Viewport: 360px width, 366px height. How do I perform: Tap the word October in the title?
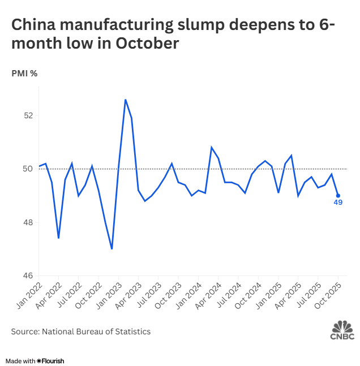point(148,43)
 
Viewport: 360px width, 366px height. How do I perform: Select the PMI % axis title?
point(24,73)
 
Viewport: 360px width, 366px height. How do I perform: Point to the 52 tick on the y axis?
point(29,115)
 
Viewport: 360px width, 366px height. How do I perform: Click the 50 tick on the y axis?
point(29,169)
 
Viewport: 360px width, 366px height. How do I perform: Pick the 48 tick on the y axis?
point(29,222)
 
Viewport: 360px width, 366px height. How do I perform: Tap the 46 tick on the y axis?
point(29,276)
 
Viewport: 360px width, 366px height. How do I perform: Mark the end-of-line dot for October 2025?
point(338,196)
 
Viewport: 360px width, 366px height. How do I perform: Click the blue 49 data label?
point(338,204)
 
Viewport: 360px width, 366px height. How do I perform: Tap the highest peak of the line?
point(125,100)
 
